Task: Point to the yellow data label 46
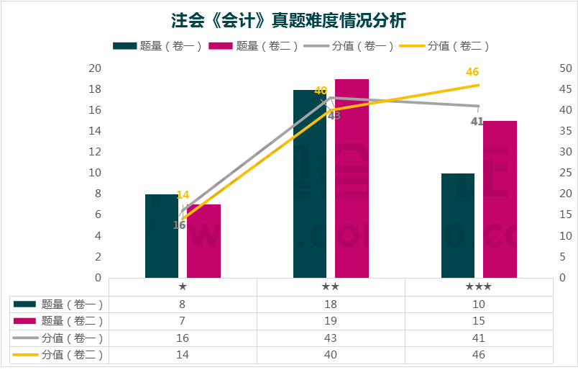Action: [x=472, y=72]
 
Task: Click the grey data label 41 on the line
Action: [x=477, y=122]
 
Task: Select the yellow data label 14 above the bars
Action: [x=183, y=195]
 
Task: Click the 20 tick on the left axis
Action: [x=94, y=68]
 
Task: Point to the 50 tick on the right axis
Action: [x=565, y=68]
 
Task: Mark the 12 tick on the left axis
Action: [x=94, y=152]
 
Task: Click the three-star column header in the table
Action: [x=479, y=286]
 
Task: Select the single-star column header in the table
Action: [x=183, y=286]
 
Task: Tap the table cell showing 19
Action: [x=331, y=321]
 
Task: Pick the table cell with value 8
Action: [x=183, y=304]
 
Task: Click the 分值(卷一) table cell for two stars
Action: [x=331, y=338]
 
